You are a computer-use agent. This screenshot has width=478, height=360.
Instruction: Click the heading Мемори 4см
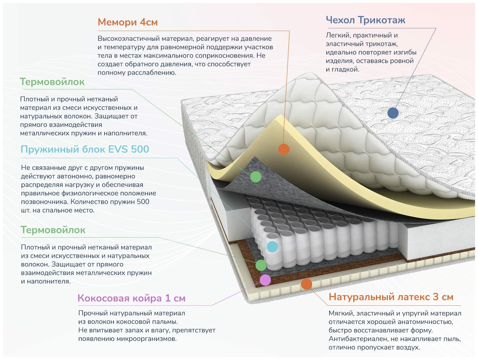click(127, 22)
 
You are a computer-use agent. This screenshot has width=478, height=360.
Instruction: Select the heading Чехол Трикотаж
click(365, 20)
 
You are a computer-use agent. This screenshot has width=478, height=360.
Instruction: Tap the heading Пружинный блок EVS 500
click(85, 149)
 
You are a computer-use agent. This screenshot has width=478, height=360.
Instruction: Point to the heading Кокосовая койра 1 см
click(131, 298)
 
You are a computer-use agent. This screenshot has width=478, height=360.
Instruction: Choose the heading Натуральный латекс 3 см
click(391, 297)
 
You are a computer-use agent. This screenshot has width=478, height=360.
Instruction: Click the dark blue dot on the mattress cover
click(393, 113)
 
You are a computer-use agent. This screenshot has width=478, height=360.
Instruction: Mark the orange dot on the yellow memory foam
click(284, 149)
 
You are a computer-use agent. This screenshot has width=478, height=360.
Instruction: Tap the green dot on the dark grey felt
click(256, 177)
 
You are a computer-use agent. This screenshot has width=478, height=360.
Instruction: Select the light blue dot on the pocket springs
click(272, 246)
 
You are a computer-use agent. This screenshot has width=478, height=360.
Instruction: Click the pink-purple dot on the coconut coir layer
click(265, 280)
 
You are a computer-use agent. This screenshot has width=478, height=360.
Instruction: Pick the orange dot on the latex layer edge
click(307, 284)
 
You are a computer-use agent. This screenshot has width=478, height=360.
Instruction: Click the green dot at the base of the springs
click(261, 265)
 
